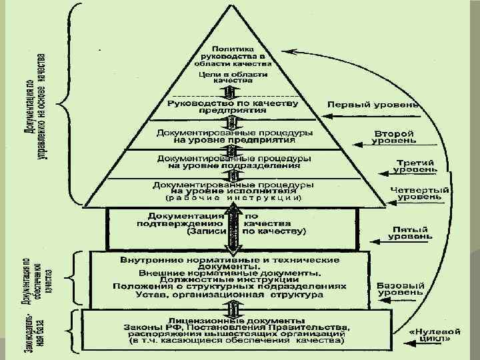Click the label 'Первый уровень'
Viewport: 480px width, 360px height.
373,105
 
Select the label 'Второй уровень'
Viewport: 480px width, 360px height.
395,137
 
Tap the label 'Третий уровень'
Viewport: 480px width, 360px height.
415,166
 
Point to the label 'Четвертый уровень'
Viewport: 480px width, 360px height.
417,194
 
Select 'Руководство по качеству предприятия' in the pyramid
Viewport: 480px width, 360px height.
231,107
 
